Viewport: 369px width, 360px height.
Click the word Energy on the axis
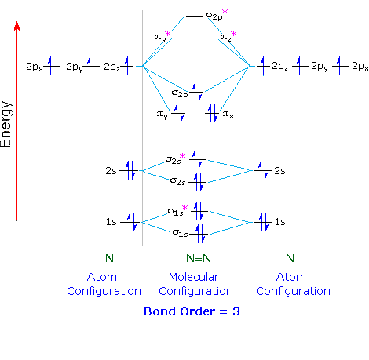tap(6, 125)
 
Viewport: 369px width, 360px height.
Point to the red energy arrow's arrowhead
tap(17, 26)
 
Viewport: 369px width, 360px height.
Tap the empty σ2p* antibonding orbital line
tap(195, 17)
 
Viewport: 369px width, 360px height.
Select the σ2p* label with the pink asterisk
tap(217, 15)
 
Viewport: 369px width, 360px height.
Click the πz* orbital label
tap(228, 36)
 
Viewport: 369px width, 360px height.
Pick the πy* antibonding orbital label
tap(163, 36)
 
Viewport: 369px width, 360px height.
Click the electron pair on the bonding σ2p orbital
tap(197, 92)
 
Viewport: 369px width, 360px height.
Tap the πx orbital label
tap(228, 115)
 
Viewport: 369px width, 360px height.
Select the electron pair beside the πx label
tap(213, 113)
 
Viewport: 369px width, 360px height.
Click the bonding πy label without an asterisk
tap(162, 115)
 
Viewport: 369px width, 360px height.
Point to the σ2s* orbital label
tap(175, 158)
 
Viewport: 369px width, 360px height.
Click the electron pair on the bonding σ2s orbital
tap(199, 182)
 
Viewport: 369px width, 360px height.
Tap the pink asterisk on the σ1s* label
tap(185, 208)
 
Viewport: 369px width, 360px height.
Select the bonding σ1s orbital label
tap(180, 233)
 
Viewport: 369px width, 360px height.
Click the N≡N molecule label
tap(199, 258)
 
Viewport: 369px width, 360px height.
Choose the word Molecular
tap(194, 277)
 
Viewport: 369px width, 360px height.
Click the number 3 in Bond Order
tap(236, 311)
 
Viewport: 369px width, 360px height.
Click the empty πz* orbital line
tap(209, 38)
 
